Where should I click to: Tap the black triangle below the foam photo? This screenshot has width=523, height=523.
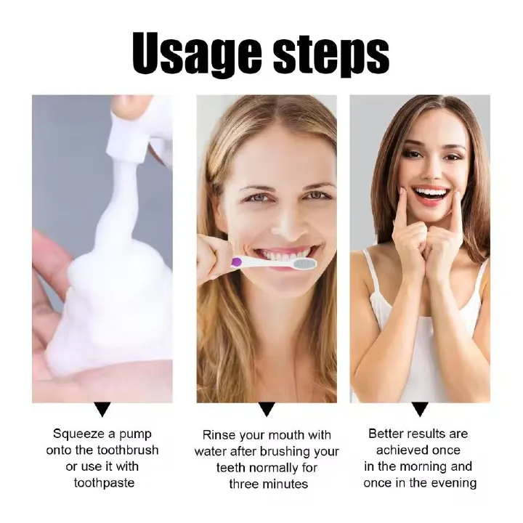tap(102, 409)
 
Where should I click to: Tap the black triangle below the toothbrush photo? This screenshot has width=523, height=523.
tap(267, 410)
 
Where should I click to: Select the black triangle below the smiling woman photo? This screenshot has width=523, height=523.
tap(420, 409)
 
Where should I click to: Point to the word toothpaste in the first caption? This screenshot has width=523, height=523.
tap(102, 483)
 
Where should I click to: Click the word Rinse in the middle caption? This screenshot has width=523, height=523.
tap(219, 435)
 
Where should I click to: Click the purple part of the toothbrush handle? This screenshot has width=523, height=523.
tap(236, 261)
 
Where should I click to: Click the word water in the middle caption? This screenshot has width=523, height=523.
tap(211, 451)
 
